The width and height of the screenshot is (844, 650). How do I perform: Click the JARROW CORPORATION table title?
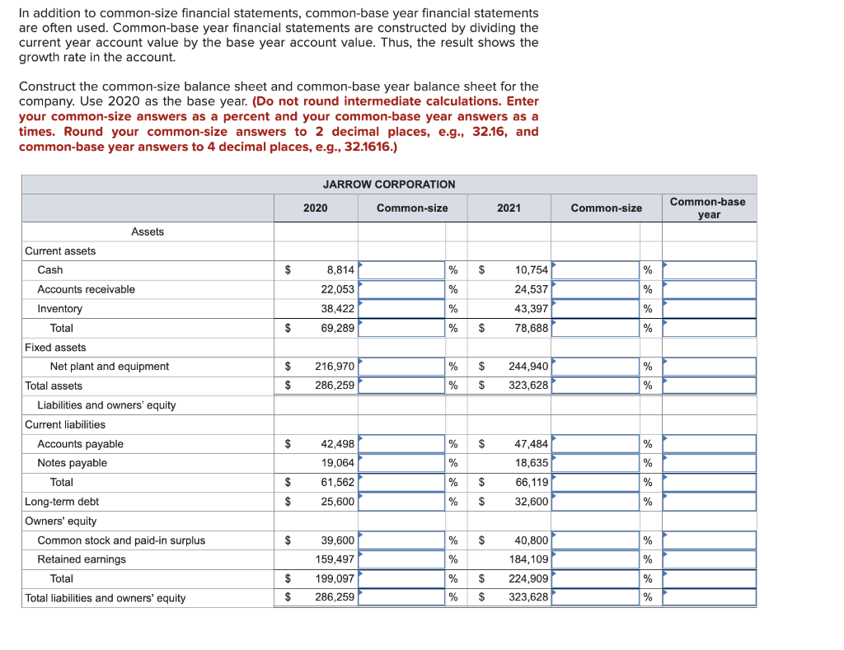pos(388,185)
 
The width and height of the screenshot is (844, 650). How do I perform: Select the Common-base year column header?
pos(708,208)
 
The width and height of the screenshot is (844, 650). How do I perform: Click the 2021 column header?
pos(509,208)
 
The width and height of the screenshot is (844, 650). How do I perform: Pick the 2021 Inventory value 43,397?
pos(532,309)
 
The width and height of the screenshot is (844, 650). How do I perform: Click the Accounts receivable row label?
pos(86,289)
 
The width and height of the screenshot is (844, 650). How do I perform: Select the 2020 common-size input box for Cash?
pos(401,270)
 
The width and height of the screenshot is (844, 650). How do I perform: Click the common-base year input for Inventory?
pos(709,309)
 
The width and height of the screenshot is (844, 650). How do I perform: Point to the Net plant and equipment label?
pos(109,367)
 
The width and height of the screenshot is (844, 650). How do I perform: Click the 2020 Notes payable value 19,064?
pos(338,463)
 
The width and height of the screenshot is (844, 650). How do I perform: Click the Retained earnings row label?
pos(82,559)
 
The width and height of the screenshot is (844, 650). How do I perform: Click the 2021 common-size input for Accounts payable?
pos(594,444)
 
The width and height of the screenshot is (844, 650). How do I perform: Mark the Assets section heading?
pos(148,231)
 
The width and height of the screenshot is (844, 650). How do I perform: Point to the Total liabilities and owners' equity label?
pos(105,598)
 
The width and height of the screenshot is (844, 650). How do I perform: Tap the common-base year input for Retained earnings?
pos(709,559)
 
